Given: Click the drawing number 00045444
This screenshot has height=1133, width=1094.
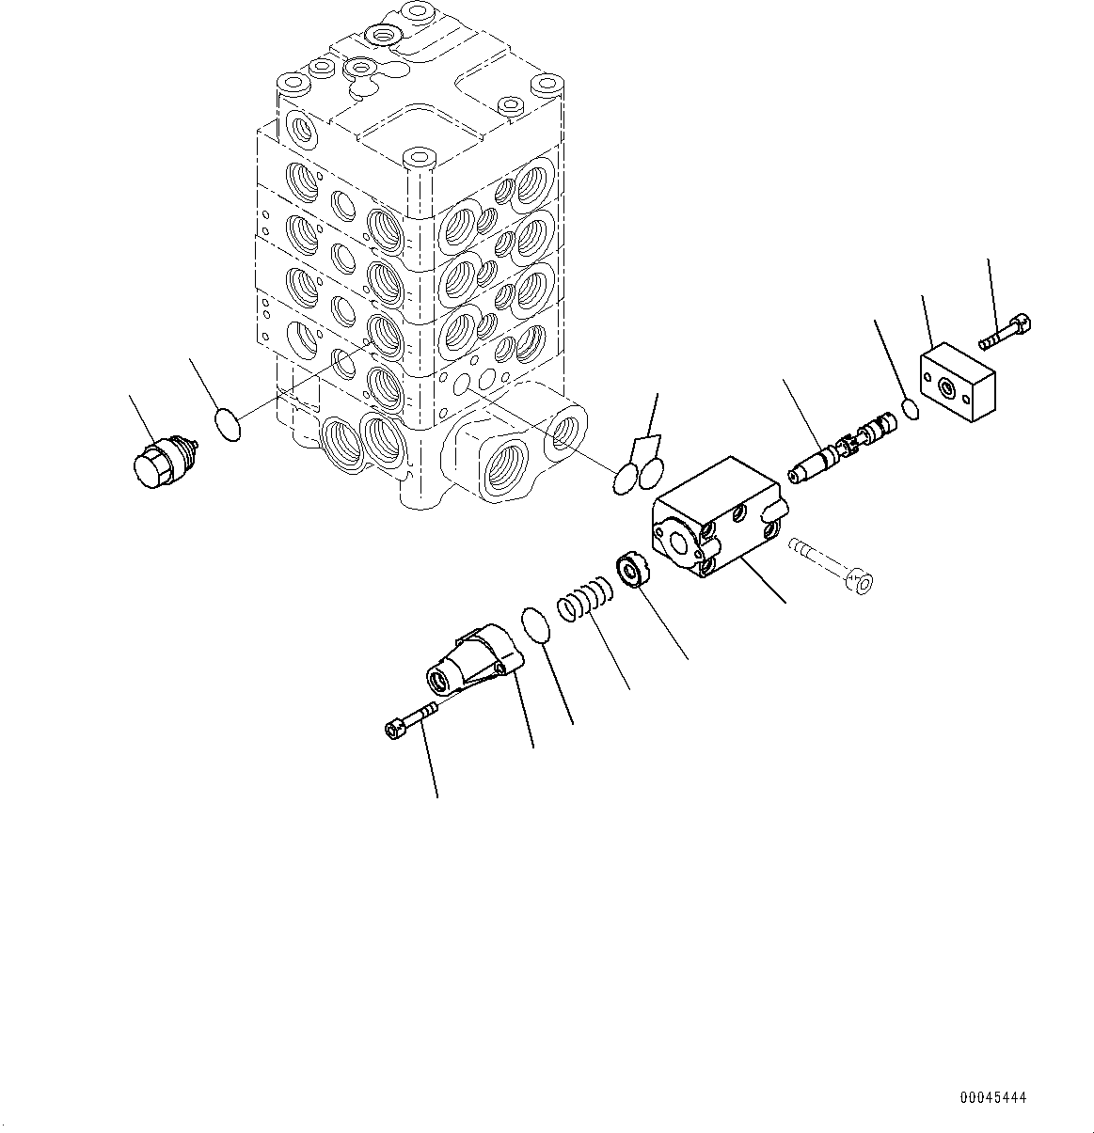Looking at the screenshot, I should pyautogui.click(x=993, y=1098).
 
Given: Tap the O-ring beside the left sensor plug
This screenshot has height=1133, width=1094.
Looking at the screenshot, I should pyautogui.click(x=226, y=424).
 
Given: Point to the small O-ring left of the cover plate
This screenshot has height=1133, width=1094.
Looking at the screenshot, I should pyautogui.click(x=910, y=409).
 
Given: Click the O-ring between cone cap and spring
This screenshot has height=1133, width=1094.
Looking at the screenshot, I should pyautogui.click(x=535, y=624).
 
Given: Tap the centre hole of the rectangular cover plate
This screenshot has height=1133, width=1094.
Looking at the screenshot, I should pyautogui.click(x=946, y=386).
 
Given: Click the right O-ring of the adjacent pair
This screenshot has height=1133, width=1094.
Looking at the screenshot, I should pyautogui.click(x=650, y=475).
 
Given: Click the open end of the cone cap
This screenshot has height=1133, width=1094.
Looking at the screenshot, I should pyautogui.click(x=438, y=677).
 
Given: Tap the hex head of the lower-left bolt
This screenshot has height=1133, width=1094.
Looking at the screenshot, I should pyautogui.click(x=395, y=729).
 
